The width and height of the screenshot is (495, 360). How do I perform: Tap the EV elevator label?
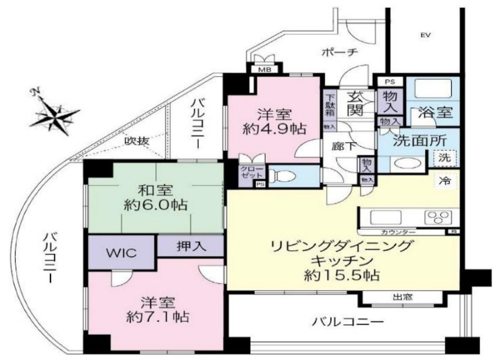click(x=425, y=35)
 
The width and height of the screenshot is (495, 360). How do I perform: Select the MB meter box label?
click(x=265, y=70)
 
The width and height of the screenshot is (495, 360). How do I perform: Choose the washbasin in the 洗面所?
click(x=407, y=162)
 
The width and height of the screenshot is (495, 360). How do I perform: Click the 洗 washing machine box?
click(x=445, y=158)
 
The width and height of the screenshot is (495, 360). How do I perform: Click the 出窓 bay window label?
click(x=402, y=297)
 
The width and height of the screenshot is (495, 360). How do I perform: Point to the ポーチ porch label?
click(x=340, y=53)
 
